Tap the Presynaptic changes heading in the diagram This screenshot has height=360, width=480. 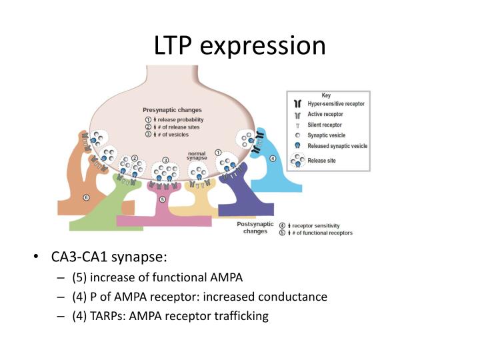pyautogui.click(x=172, y=109)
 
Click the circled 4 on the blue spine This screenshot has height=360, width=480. pyautogui.click(x=273, y=159)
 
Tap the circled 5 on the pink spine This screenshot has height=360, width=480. pyautogui.click(x=163, y=200)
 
